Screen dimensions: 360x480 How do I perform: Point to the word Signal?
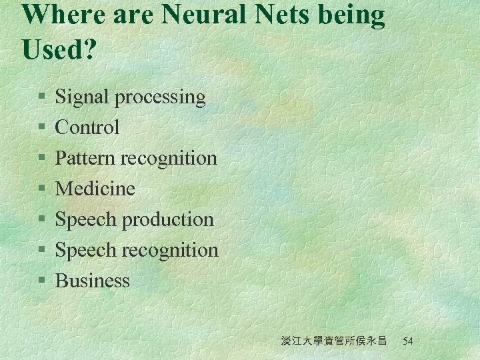[83, 97]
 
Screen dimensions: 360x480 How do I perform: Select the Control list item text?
[87, 127]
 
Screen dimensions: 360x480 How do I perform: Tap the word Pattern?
[85, 158]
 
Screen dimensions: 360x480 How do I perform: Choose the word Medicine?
[95, 189]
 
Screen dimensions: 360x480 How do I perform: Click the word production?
[172, 220]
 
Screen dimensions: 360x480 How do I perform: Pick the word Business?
[93, 281]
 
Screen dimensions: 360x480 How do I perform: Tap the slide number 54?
[408, 341]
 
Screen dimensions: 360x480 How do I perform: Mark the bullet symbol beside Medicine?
[41, 189]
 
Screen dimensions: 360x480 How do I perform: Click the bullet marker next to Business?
[41, 281]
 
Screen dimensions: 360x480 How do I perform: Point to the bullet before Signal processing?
[41, 97]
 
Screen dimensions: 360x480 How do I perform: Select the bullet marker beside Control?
[41, 128]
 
